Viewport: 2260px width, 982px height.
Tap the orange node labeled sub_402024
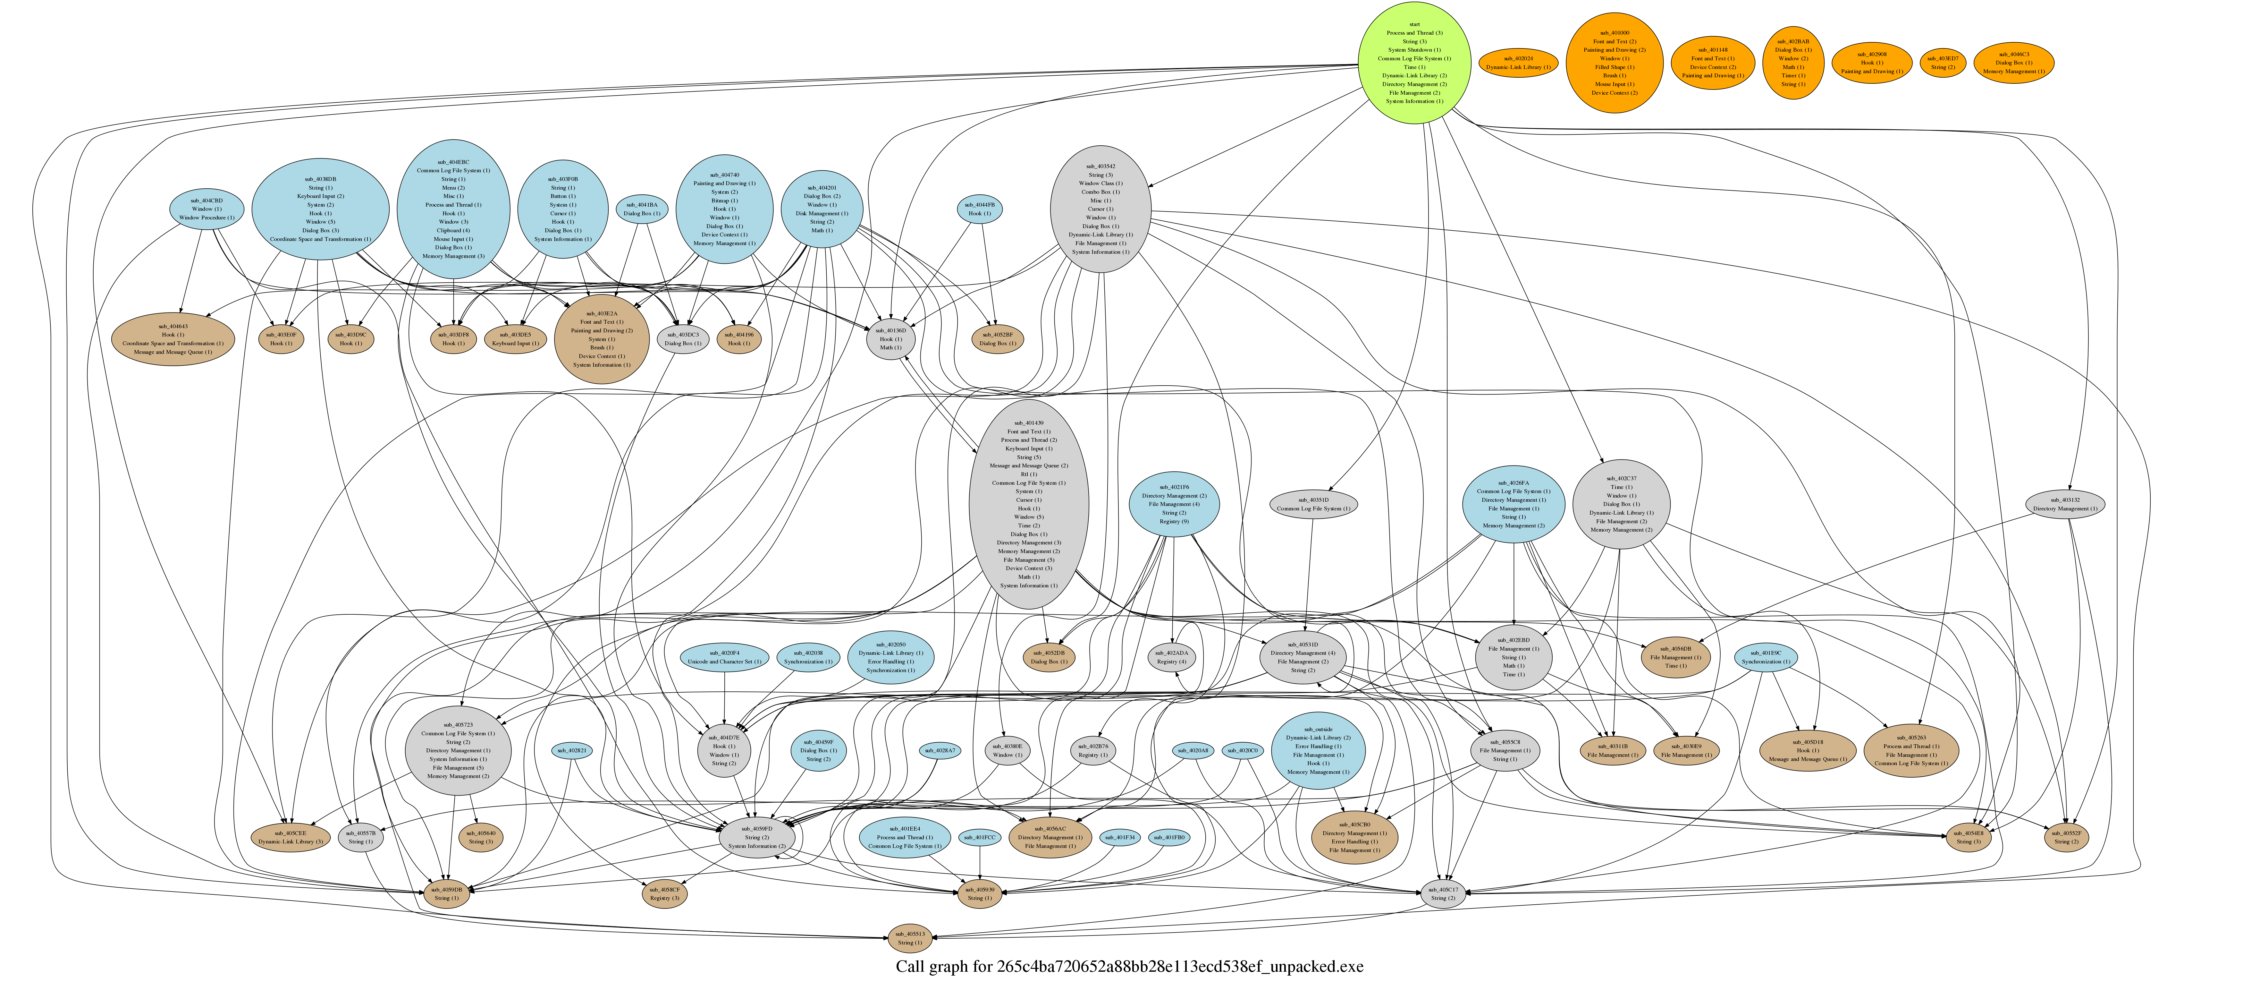click(1518, 63)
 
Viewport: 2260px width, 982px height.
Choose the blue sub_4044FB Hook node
click(979, 209)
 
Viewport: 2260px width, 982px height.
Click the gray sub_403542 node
click(1100, 209)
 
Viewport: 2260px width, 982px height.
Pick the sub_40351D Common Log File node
click(1312, 504)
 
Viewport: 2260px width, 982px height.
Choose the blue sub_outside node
click(1318, 750)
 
